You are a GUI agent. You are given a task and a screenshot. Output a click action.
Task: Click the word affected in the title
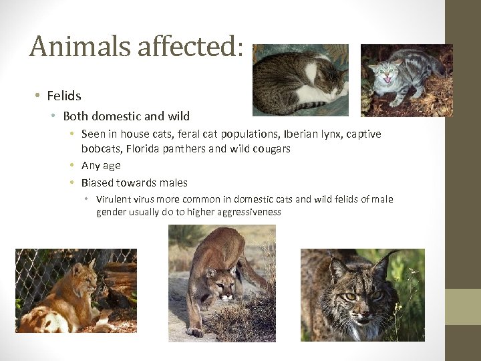pos(187,46)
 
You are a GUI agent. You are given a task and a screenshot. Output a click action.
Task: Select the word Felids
pos(64,96)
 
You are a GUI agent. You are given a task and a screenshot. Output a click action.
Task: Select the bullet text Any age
pos(101,165)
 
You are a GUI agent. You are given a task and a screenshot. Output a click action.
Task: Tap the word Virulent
pos(114,199)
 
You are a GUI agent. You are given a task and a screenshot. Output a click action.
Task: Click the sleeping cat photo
pos(300,80)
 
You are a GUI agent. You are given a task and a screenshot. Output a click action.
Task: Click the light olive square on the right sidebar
pos(463,306)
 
